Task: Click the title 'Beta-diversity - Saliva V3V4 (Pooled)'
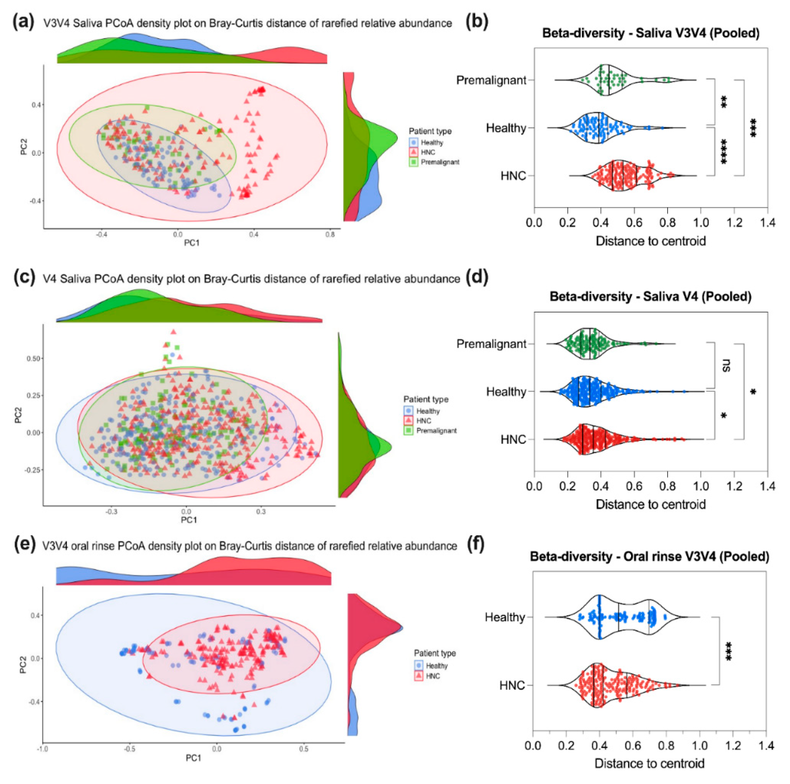click(651, 33)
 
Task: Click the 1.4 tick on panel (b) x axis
click(767, 223)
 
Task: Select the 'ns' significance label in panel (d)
click(726, 365)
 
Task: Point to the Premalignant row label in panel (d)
click(491, 344)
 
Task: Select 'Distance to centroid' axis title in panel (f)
click(649, 763)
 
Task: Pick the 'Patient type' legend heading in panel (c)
click(426, 399)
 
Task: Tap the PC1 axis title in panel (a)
click(191, 243)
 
